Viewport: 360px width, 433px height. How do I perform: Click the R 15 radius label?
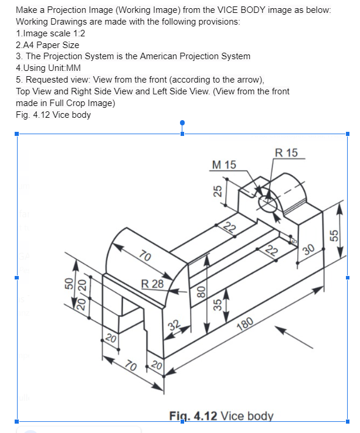286,153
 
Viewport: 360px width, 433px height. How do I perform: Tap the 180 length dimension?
246,325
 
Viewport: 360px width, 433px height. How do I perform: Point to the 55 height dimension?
335,235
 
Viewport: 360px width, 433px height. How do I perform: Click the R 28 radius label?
153,284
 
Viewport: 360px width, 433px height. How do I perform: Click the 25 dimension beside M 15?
216,190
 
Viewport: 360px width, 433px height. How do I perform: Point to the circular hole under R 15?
269,204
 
